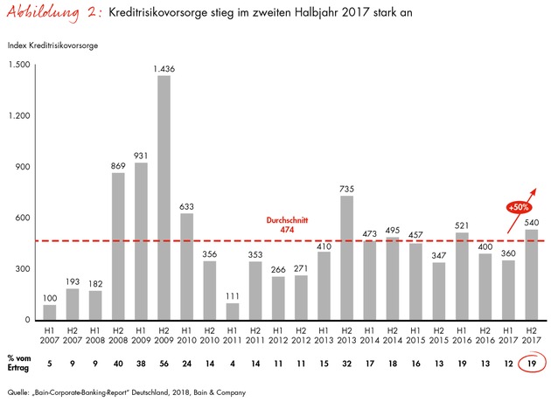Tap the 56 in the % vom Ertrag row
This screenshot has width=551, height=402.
pos(164,364)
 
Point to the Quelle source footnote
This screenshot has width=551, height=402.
pos(157,390)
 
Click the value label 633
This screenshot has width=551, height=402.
pos(185,207)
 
